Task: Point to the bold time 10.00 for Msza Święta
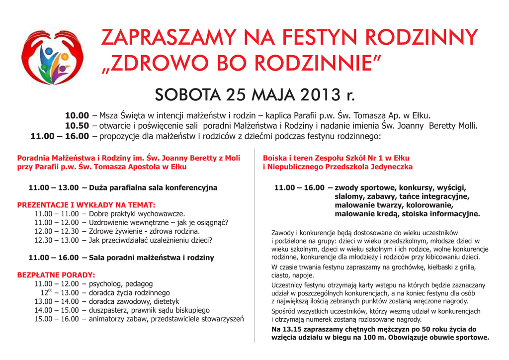click(x=77, y=115)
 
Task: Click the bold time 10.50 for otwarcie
click(x=77, y=126)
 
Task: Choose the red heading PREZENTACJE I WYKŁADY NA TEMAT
click(x=86, y=205)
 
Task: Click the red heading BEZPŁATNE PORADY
click(x=56, y=274)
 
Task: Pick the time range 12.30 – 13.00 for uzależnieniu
click(x=56, y=240)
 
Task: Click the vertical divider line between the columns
click(x=254, y=249)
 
